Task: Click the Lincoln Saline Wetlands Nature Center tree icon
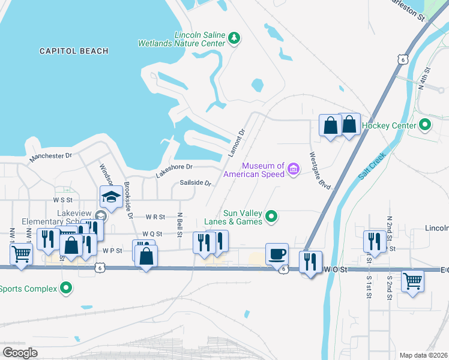234,40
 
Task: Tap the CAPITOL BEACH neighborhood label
74,52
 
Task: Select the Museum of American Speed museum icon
293,170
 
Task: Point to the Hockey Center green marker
425,126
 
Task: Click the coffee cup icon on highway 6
277,253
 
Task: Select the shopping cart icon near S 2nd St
413,280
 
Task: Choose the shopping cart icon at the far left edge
21,254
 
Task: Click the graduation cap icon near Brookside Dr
111,196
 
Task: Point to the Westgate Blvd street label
321,170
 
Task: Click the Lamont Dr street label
237,143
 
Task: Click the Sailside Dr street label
196,183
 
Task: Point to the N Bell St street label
179,223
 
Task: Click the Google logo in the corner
20,352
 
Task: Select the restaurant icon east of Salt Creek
375,241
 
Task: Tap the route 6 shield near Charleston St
403,59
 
